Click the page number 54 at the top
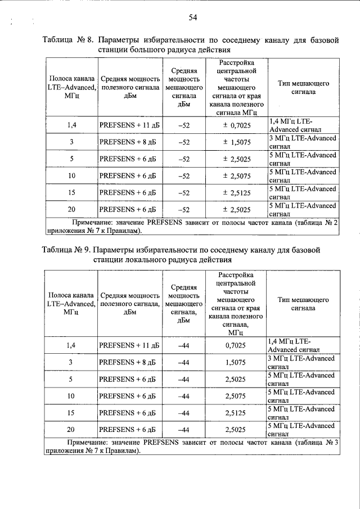tap(192, 18)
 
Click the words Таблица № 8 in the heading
tap(67, 40)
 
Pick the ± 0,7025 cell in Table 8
tap(237, 125)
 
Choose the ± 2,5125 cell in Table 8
tap(237, 193)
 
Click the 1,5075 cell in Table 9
tap(237, 363)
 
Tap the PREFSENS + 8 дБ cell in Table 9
tap(127, 363)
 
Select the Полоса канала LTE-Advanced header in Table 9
tap(71, 304)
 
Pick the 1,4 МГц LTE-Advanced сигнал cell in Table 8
tap(303, 125)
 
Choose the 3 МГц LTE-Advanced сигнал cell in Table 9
tap(303, 362)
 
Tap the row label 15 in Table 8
tap(71, 193)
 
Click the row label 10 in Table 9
tap(71, 397)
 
